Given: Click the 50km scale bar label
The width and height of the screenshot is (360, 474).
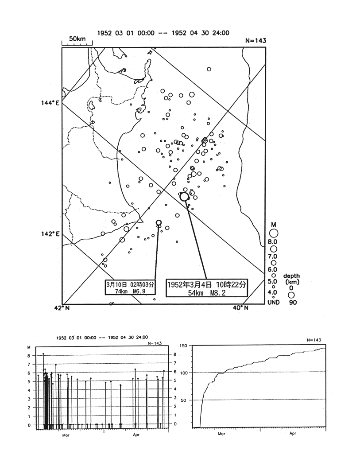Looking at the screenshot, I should [x=77, y=39].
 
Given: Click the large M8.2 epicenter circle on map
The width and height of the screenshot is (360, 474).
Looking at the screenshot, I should [x=185, y=196].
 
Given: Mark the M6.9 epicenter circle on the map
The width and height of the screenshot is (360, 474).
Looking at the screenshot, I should [x=159, y=222].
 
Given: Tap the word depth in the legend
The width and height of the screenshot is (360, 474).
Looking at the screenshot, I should [x=291, y=276].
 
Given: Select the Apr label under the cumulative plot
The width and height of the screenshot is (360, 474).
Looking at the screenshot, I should [x=293, y=434].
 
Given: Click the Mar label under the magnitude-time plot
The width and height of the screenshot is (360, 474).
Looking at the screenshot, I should [x=66, y=435].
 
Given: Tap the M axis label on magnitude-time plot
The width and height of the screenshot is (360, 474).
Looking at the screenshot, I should [x=29, y=347].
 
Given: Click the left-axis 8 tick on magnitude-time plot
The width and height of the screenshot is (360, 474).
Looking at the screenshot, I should [x=29, y=355].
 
